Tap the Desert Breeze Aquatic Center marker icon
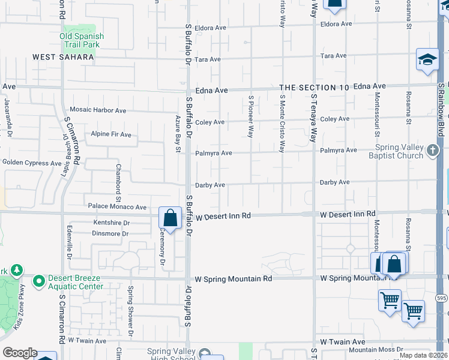[40, 280]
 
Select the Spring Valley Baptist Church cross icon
[432, 151]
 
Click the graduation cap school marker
[427, 59]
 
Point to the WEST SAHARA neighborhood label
[63, 57]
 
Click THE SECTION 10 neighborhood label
[314, 88]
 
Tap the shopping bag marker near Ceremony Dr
[170, 218]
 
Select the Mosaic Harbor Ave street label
[98, 110]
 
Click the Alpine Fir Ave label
[110, 134]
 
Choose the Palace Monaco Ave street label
[117, 207]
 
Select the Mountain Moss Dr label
[376, 350]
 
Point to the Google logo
[19, 353]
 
